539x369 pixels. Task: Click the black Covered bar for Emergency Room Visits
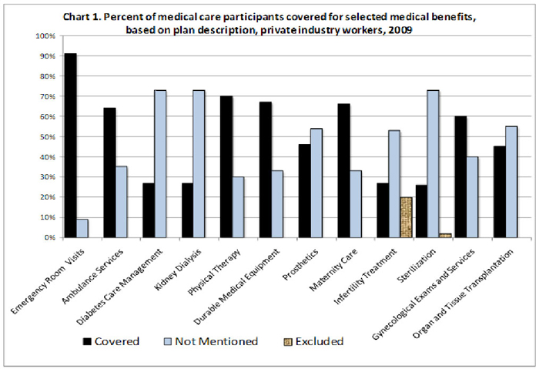coord(70,146)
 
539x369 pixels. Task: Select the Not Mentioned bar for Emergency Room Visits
coord(82,228)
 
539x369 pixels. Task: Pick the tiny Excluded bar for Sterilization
coord(445,235)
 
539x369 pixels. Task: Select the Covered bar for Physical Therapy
coord(226,167)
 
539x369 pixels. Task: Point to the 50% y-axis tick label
coord(45,137)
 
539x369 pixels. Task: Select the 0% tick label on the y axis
coord(48,237)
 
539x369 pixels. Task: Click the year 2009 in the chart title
coord(396,31)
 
